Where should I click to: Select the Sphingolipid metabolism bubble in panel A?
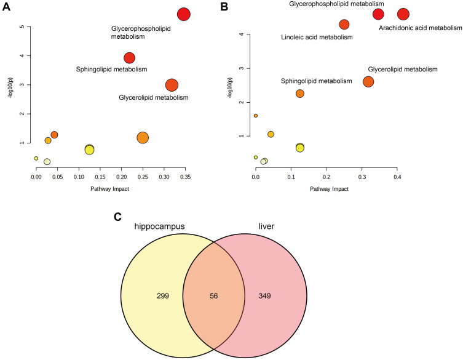[x=129, y=58]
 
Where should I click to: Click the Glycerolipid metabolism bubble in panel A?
[x=172, y=85]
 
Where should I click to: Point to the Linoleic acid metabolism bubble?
[x=344, y=25]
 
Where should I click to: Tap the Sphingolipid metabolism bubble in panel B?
[x=300, y=94]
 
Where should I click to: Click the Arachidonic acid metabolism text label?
[x=420, y=28]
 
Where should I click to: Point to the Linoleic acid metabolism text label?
[x=317, y=38]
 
